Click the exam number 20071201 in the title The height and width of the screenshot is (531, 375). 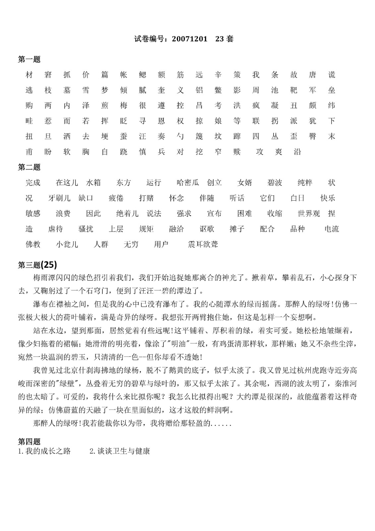(189, 39)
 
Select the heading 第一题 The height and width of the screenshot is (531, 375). (29, 59)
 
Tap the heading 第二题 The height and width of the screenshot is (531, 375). (29, 167)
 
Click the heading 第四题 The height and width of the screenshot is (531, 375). (29, 441)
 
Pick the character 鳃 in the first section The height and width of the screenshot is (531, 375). (143, 75)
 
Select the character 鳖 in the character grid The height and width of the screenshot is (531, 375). (218, 90)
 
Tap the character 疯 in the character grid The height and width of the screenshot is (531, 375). (256, 106)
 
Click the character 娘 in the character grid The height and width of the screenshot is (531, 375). (218, 121)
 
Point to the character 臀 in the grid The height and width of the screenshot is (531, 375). (313, 136)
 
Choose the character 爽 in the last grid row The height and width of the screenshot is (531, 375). (279, 152)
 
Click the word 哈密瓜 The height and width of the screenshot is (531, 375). (188, 183)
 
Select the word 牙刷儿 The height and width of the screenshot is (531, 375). (59, 198)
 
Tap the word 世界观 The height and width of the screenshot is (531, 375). (309, 213)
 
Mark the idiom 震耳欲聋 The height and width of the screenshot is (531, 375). (203, 245)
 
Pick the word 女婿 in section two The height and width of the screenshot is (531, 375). (245, 183)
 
